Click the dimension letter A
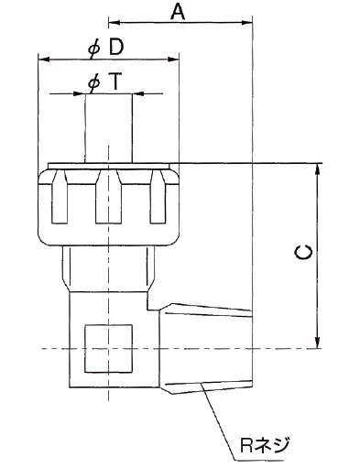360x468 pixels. pyautogui.click(x=178, y=12)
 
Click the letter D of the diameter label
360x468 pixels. pyautogui.click(x=116, y=48)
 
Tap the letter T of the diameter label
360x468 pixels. pyautogui.click(x=115, y=82)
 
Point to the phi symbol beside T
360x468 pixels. pyautogui.click(x=93, y=83)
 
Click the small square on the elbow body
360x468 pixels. pyautogui.click(x=108, y=348)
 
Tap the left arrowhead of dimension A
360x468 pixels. pyautogui.click(x=114, y=22)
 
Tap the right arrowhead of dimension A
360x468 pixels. pyautogui.click(x=247, y=22)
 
